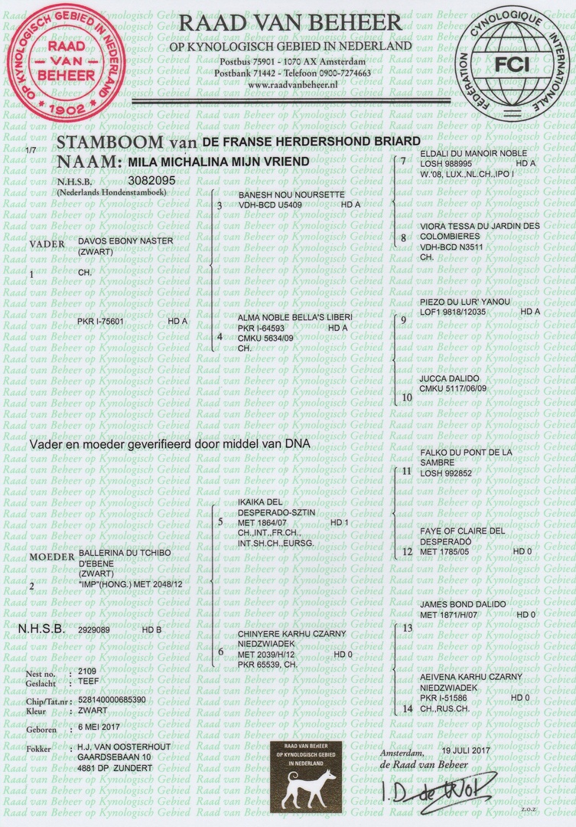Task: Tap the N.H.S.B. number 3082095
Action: point(152,181)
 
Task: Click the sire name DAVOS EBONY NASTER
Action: point(126,241)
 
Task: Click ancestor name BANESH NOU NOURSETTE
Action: point(291,195)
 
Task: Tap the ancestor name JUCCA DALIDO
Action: point(450,379)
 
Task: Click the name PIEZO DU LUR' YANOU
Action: point(464,302)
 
